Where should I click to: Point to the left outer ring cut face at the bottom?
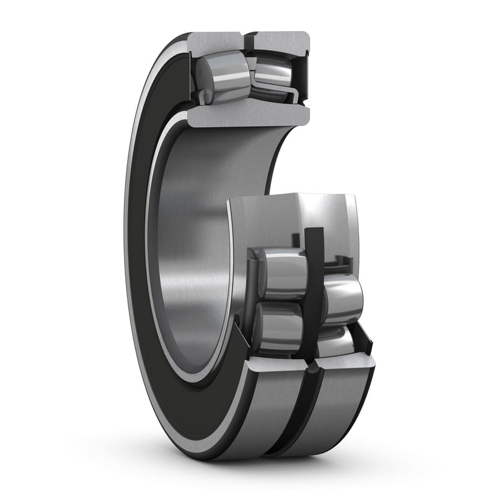click(273, 366)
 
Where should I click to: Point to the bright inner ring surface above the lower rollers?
click(291, 217)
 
